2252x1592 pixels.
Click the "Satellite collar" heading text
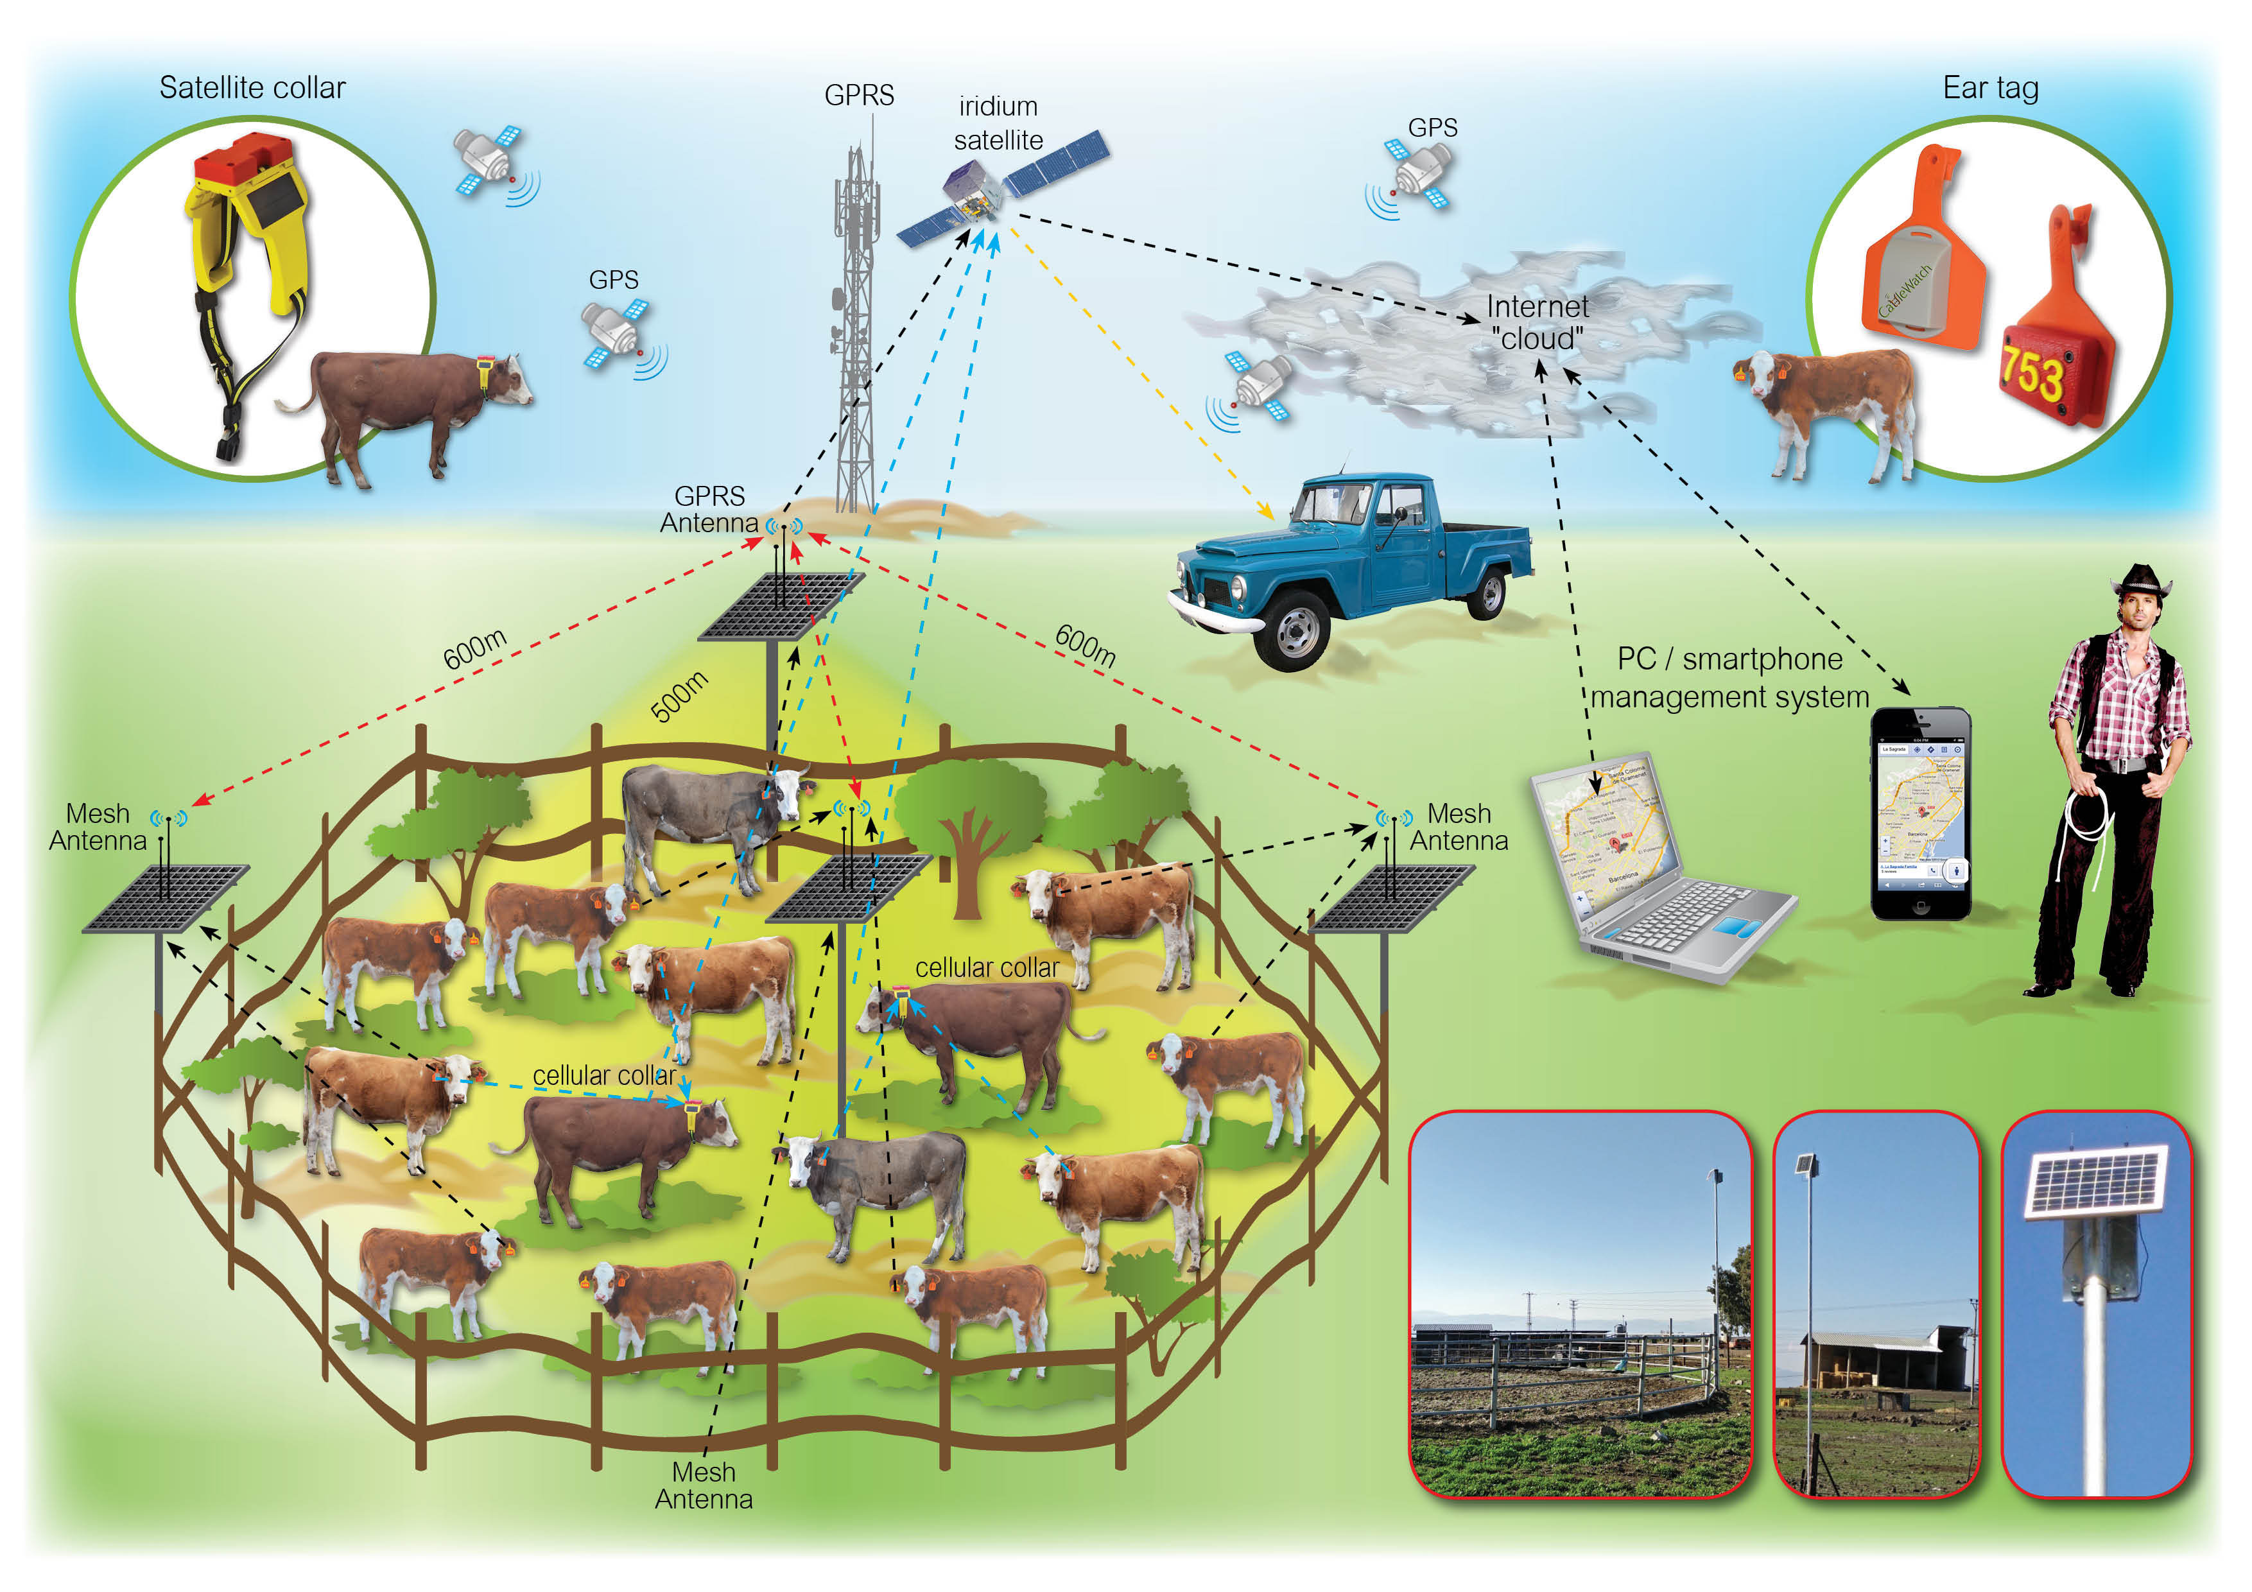[252, 89]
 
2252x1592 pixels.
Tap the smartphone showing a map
[1921, 814]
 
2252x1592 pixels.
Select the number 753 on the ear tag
[2032, 373]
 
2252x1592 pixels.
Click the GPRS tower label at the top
[859, 95]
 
